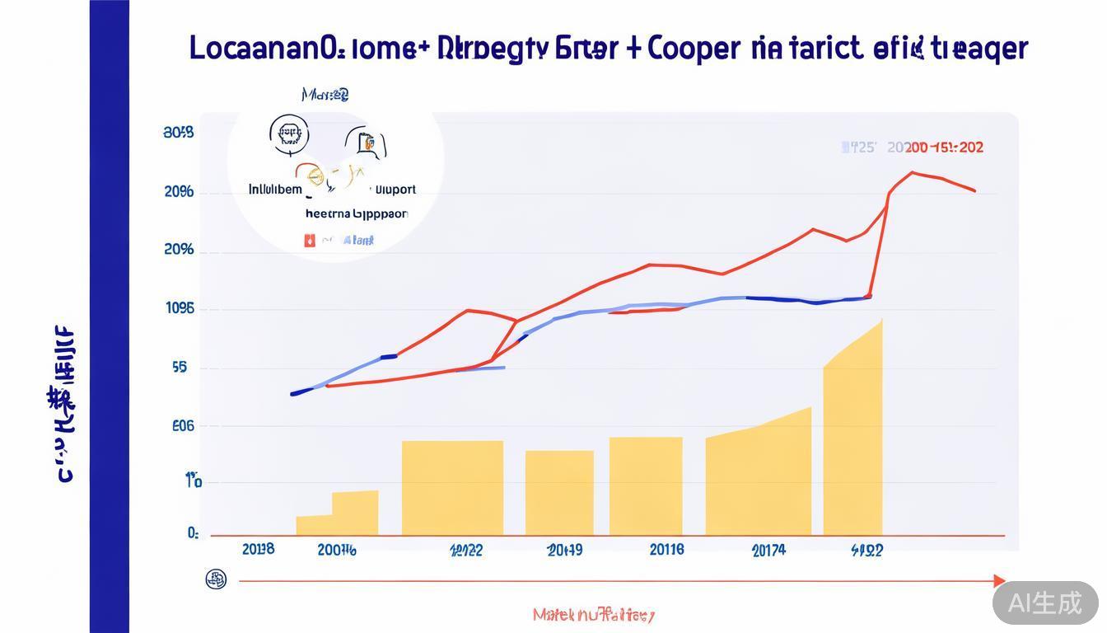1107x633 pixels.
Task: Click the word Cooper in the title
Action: tap(694, 49)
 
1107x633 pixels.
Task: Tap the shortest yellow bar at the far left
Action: tap(314, 525)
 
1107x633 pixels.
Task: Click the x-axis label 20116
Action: tap(666, 549)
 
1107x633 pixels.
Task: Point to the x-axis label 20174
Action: tap(768, 551)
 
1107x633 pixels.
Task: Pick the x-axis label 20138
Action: tap(258, 549)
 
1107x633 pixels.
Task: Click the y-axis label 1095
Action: tap(180, 309)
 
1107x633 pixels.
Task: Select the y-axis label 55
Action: tap(180, 368)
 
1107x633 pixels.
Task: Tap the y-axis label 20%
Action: tap(179, 249)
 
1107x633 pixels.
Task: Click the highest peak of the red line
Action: tap(912, 172)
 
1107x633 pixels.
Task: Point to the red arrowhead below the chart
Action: tap(999, 580)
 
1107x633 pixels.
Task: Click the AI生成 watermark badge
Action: tap(1045, 603)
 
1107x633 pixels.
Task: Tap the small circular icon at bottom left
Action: tap(216, 579)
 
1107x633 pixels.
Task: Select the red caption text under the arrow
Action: tap(593, 615)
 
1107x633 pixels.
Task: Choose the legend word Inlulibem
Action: tap(276, 190)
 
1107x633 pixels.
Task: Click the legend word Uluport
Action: tap(395, 190)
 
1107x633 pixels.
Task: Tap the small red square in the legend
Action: tap(310, 241)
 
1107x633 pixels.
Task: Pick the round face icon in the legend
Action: tap(289, 133)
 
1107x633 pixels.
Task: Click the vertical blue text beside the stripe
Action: tap(63, 404)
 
